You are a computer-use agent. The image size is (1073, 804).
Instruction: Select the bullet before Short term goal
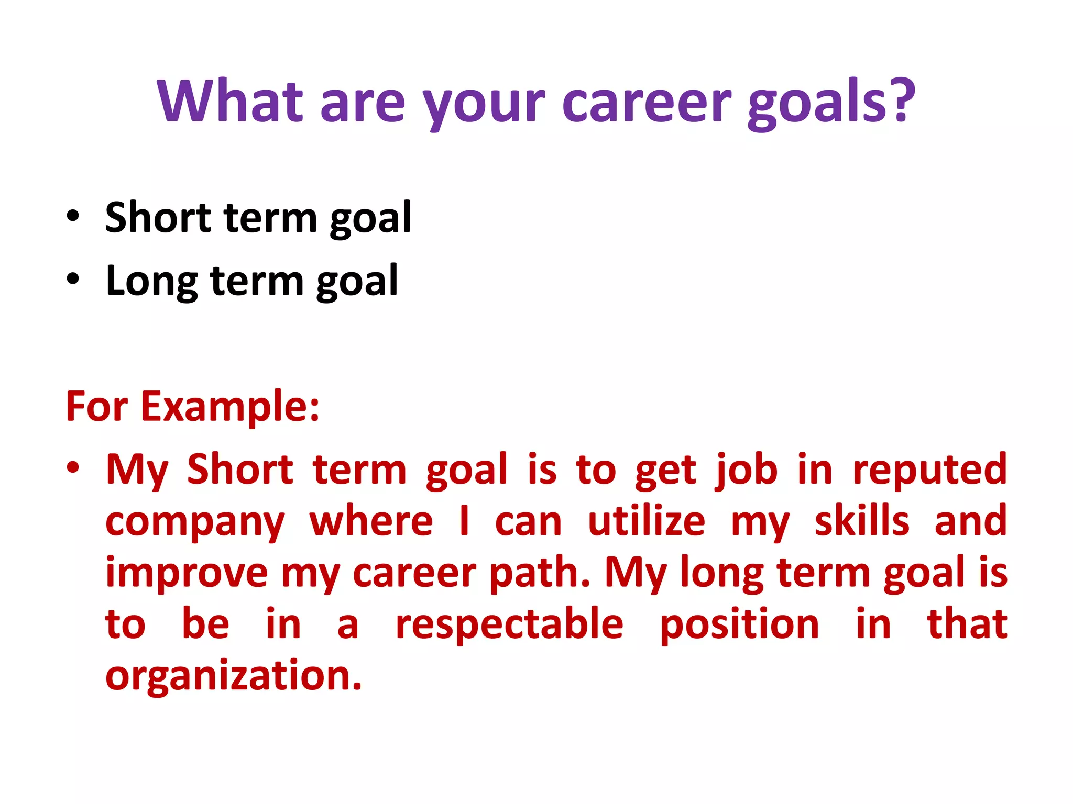[x=73, y=216]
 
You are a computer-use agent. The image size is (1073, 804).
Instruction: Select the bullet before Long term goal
[x=73, y=280]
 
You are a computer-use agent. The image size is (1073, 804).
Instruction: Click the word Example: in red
[x=230, y=407]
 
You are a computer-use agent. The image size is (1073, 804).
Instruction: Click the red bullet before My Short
[x=73, y=467]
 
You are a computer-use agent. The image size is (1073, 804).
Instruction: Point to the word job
[x=747, y=470]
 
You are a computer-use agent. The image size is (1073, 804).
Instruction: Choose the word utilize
[x=647, y=521]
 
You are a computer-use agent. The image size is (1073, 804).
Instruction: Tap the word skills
[x=862, y=521]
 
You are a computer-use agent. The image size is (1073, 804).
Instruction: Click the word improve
[x=187, y=574]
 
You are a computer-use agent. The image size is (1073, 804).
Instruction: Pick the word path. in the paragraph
[x=539, y=574]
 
